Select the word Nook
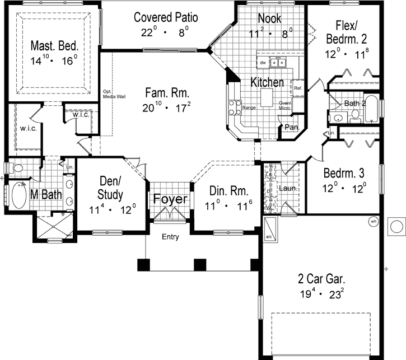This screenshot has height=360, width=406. click(270, 18)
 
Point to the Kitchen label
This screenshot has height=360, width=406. click(267, 82)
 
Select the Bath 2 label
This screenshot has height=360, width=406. click(354, 103)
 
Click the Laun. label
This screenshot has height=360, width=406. click(290, 189)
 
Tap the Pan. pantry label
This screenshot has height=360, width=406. click(291, 128)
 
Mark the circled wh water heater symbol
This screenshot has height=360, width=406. click(373, 222)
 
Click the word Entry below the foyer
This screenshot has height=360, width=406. click(170, 237)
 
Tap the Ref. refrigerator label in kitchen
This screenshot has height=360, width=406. click(298, 88)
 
